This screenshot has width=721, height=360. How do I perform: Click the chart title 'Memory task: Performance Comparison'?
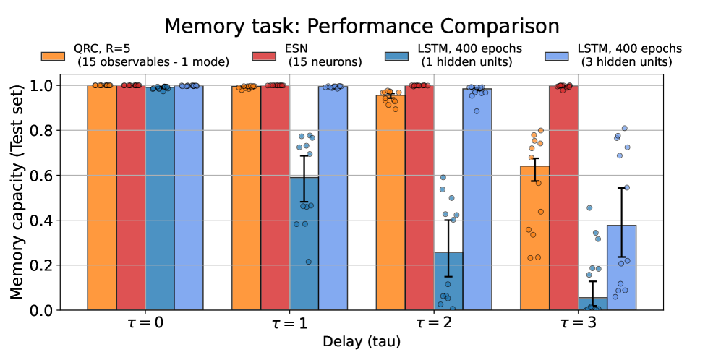(x=361, y=25)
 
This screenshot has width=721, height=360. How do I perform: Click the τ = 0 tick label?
(x=145, y=323)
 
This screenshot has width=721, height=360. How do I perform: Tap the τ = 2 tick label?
(x=434, y=323)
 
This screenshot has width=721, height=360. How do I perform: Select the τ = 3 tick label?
(x=578, y=323)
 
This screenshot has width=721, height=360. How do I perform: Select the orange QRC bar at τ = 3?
(x=534, y=239)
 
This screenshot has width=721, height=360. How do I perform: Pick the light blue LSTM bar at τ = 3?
(x=621, y=268)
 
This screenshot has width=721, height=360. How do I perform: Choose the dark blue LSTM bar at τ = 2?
(x=448, y=281)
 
